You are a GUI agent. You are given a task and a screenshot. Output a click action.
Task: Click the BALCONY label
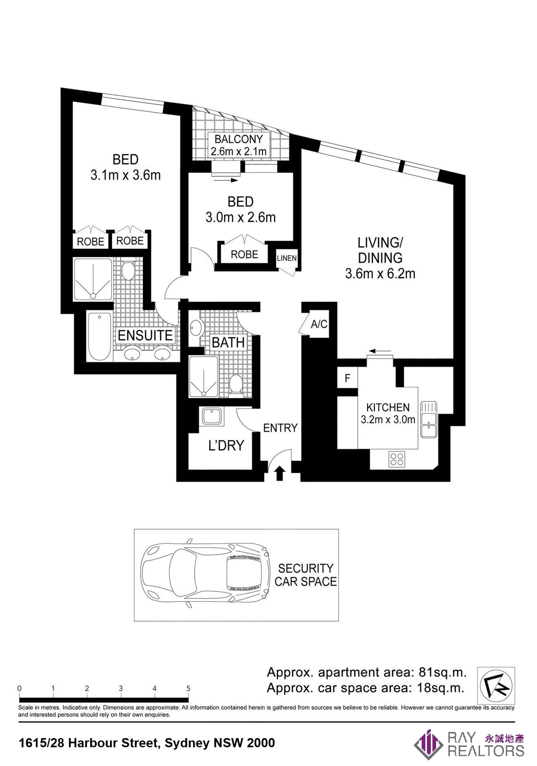238,139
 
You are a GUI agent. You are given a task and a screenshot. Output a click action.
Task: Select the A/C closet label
319,324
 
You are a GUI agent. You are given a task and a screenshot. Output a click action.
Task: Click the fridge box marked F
348,378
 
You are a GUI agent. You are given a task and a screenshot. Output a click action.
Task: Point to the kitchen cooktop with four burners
397,459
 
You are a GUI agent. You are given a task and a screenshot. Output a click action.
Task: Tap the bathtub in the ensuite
99,336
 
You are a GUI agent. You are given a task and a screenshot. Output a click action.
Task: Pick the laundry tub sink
212,416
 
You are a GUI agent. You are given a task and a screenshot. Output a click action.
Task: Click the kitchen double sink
428,419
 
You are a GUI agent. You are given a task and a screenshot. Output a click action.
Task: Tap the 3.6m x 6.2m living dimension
380,274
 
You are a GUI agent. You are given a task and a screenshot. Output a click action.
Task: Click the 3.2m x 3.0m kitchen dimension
388,419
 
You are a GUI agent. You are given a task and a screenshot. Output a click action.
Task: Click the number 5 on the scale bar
188,688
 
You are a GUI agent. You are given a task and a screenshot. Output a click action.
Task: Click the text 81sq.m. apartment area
442,672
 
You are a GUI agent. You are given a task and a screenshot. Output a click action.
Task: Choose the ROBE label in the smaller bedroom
244,255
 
